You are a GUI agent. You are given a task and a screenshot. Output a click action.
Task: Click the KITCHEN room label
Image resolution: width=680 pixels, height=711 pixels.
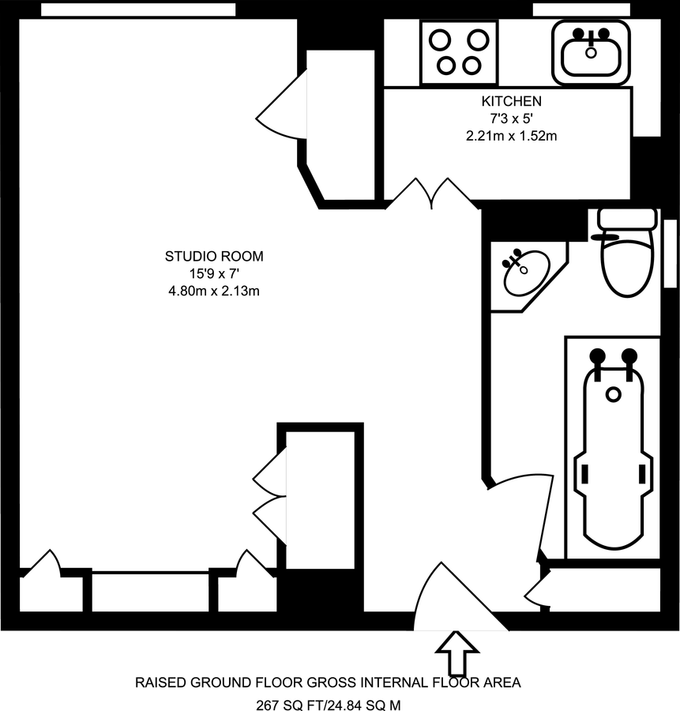[x=511, y=101]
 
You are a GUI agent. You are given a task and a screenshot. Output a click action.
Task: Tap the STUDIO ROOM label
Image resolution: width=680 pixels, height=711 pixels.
[x=213, y=256]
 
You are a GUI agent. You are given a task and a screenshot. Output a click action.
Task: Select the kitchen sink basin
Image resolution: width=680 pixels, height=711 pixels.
[x=592, y=53]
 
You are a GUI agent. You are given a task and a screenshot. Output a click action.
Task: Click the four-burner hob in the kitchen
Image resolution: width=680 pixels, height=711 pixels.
[x=459, y=52]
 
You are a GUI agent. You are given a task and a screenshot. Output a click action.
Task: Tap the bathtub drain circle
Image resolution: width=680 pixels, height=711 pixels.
[x=614, y=393]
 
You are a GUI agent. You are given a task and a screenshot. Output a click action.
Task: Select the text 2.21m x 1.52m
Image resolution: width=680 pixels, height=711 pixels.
[x=512, y=136]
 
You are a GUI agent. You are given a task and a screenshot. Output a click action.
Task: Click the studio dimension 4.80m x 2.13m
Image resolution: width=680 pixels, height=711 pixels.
[x=213, y=292]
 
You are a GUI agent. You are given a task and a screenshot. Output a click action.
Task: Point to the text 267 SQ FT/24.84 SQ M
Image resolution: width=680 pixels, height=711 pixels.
[x=328, y=703]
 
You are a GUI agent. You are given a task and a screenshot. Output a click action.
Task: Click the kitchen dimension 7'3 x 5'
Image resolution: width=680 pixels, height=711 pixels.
[x=512, y=118]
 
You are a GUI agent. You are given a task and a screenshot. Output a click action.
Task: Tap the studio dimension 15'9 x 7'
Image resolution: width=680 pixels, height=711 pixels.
[x=213, y=274]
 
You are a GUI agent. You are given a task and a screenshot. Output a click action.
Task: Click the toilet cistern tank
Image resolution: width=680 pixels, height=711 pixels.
[x=627, y=218]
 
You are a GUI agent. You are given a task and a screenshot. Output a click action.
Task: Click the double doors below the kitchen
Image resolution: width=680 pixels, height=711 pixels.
[x=431, y=194]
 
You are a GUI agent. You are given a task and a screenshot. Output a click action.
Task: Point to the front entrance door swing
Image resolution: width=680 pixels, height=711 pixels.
[x=450, y=600]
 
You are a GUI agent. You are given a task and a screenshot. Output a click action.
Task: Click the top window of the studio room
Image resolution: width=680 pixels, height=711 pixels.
[x=138, y=9]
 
